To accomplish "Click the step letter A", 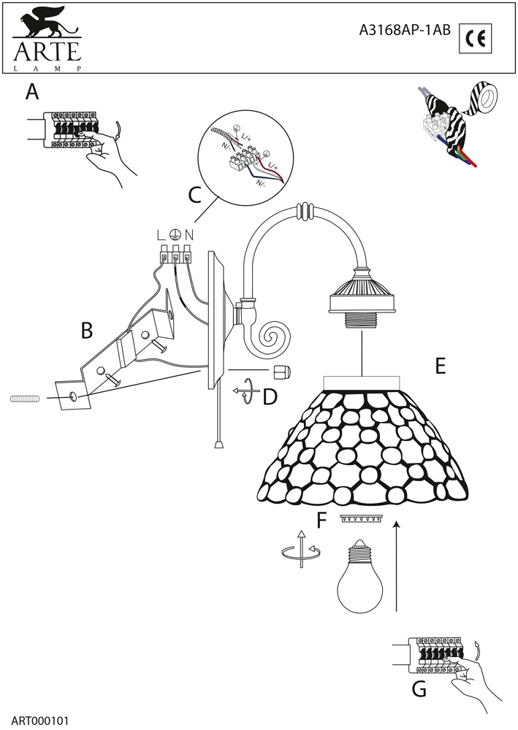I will tap(31, 92).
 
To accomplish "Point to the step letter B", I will tap(87, 331).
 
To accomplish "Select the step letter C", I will tap(194, 196).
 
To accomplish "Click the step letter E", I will tap(440, 366).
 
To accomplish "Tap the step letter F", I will tap(321, 520).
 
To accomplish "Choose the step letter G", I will tap(419, 688).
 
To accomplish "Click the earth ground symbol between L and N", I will tap(174, 235).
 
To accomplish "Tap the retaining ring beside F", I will tap(361, 519).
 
